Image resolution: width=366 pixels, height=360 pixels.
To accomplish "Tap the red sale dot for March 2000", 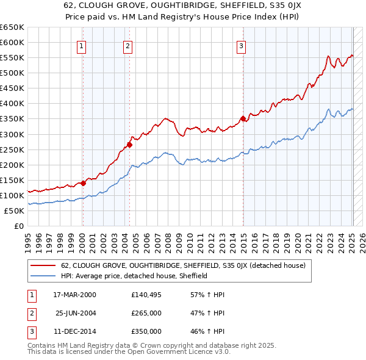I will click(x=83, y=182).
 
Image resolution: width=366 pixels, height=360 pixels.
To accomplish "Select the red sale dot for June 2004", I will click(x=129, y=145).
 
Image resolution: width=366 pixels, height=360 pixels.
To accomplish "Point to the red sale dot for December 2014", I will click(x=243, y=118).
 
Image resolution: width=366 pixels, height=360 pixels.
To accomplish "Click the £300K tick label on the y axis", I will click(x=12, y=134).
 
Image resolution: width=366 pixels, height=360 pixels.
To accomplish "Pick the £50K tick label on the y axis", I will click(x=14, y=211).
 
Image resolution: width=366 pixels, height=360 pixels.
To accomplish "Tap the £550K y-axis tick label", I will click(x=12, y=58).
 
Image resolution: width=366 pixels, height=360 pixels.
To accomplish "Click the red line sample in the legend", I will click(x=43, y=265).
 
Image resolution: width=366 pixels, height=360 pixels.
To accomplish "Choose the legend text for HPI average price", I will click(x=134, y=276).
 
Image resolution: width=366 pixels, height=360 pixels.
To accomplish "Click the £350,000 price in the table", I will click(x=146, y=331).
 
